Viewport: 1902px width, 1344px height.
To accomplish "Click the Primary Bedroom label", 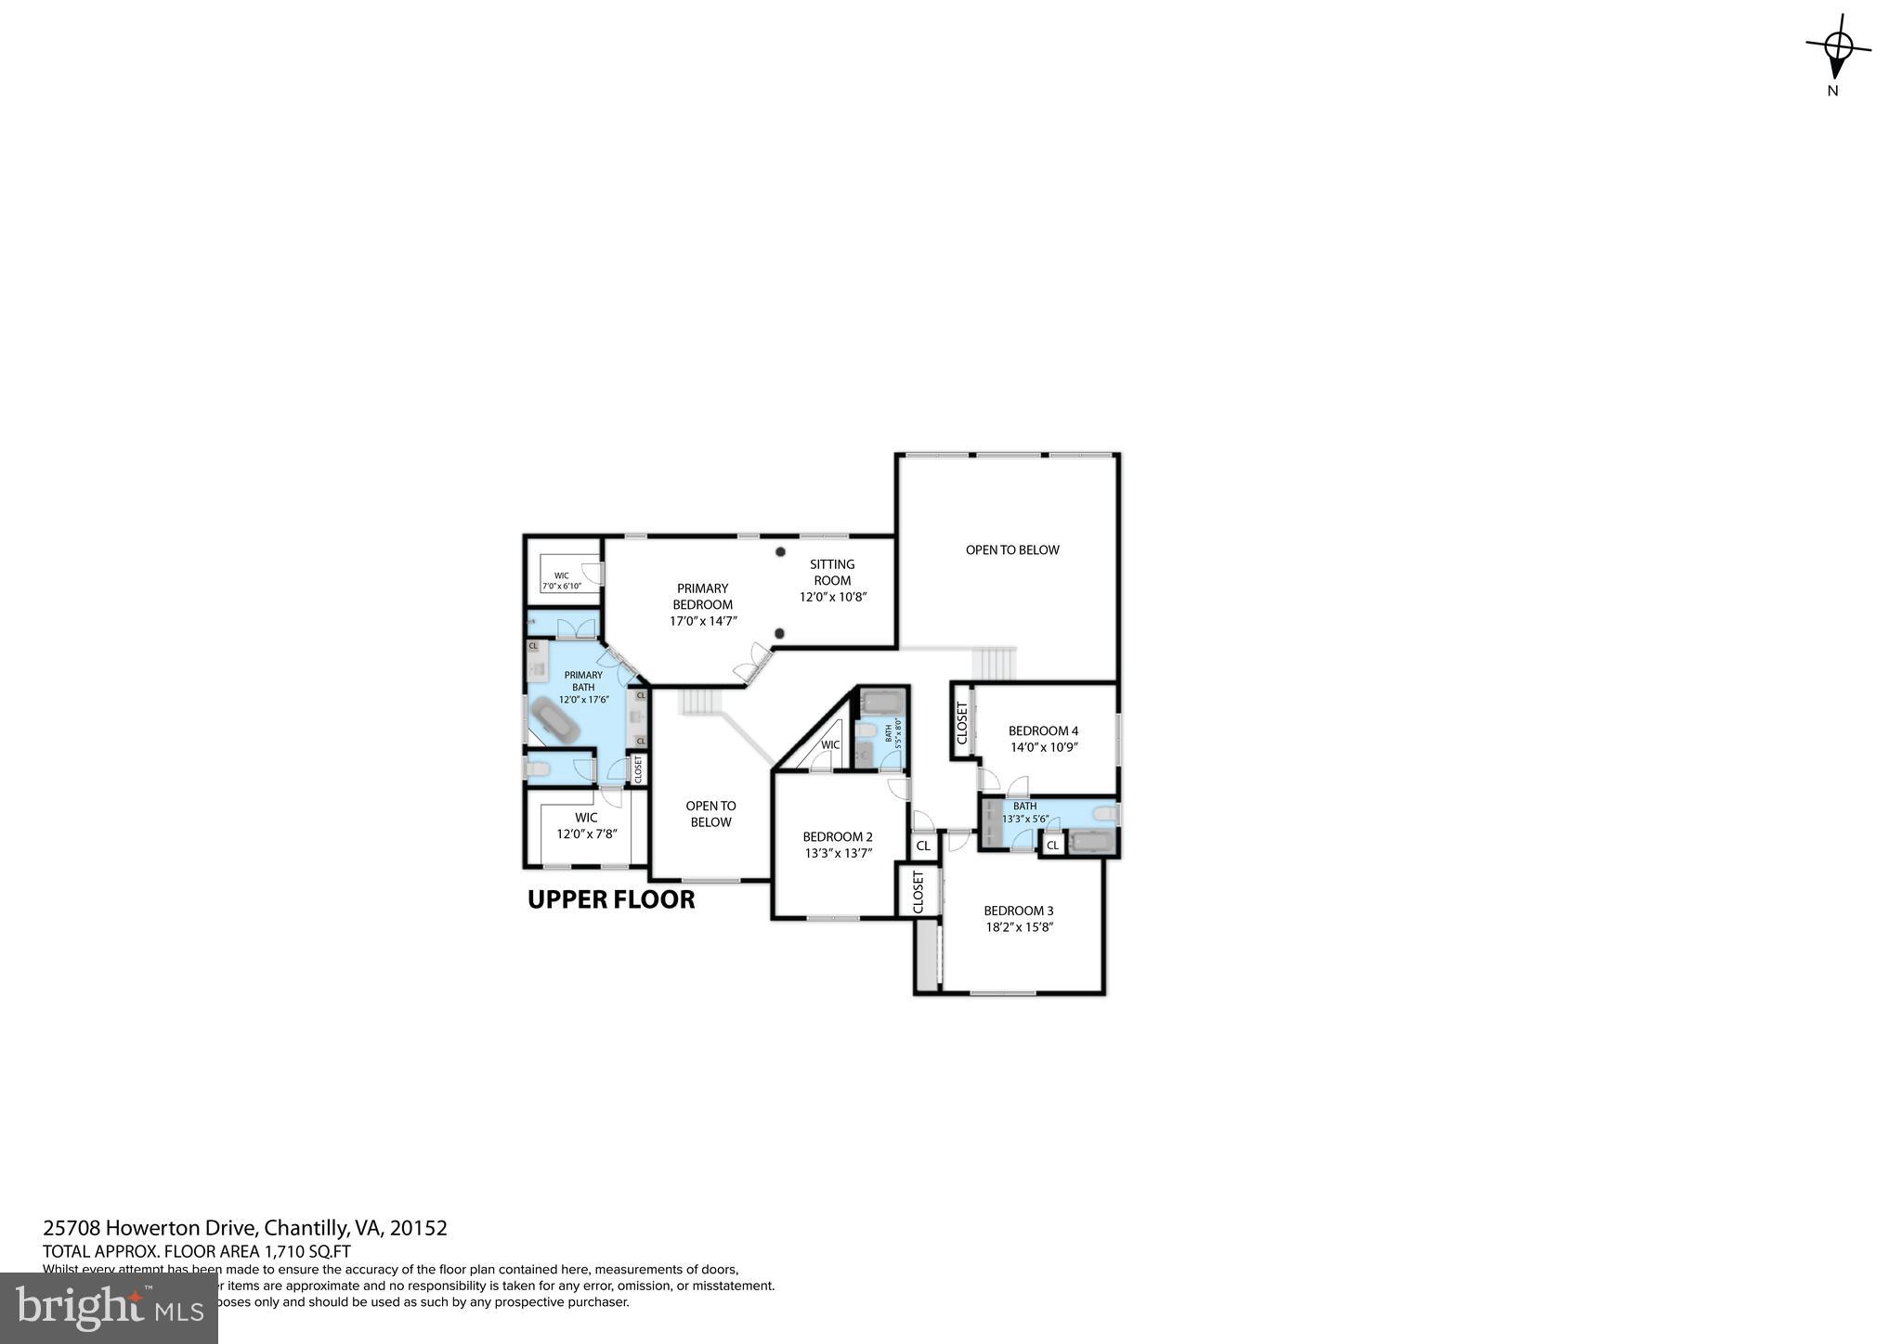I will tap(702, 596).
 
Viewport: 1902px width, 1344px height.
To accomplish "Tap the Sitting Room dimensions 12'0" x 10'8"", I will tap(832, 597).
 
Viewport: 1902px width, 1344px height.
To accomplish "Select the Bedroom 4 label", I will tap(1043, 730).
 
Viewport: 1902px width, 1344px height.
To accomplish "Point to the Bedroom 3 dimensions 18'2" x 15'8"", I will tap(1019, 926).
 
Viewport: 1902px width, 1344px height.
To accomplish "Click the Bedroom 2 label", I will tap(838, 836).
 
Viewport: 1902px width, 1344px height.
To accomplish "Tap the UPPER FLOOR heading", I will tap(610, 899).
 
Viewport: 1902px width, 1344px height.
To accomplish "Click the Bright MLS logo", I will tap(109, 1307).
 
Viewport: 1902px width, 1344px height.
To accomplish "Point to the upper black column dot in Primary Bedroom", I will tap(780, 551).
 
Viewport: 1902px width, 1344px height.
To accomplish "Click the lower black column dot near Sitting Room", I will tap(779, 634).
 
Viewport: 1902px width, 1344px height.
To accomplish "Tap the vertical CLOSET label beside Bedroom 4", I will tap(962, 723).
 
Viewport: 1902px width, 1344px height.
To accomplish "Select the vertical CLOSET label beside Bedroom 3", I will tap(918, 891).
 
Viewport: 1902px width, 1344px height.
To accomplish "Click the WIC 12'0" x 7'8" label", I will tap(586, 826).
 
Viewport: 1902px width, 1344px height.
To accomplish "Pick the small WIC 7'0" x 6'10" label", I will tap(561, 581).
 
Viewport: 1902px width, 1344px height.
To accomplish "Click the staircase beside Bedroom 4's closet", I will tap(995, 663).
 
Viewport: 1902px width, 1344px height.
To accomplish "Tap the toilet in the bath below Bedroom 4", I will tap(1104, 814).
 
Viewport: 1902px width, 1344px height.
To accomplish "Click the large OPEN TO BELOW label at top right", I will tap(1011, 549).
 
